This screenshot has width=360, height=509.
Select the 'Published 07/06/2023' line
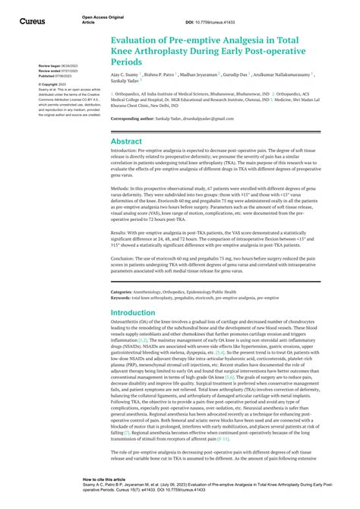pyautogui.click(x=57, y=75)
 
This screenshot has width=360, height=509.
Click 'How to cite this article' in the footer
pyautogui.click(x=104, y=480)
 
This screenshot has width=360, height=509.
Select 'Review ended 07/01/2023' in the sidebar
pyautogui.click(x=57, y=71)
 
